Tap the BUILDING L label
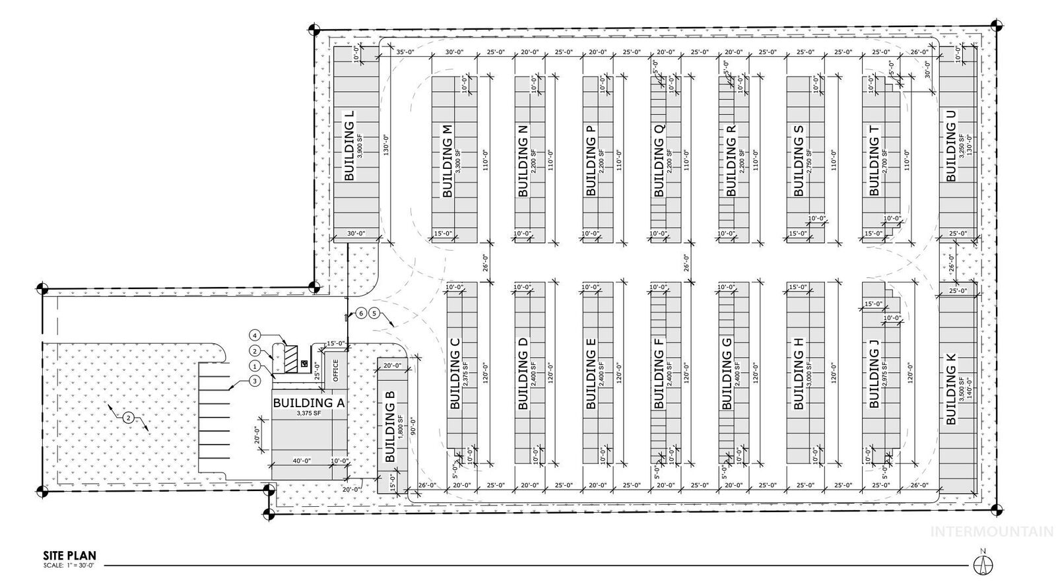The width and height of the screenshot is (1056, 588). point(350,146)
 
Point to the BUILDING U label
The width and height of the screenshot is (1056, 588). point(951,145)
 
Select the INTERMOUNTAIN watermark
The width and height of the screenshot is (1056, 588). point(991,532)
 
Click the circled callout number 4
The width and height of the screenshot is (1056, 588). point(253,335)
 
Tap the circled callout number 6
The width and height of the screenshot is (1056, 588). point(361,313)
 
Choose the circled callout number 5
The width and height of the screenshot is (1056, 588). point(374,313)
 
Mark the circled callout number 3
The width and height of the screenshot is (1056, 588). point(255,380)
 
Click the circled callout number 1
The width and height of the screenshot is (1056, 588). point(254,366)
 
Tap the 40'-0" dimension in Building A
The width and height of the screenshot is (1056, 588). point(301,461)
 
